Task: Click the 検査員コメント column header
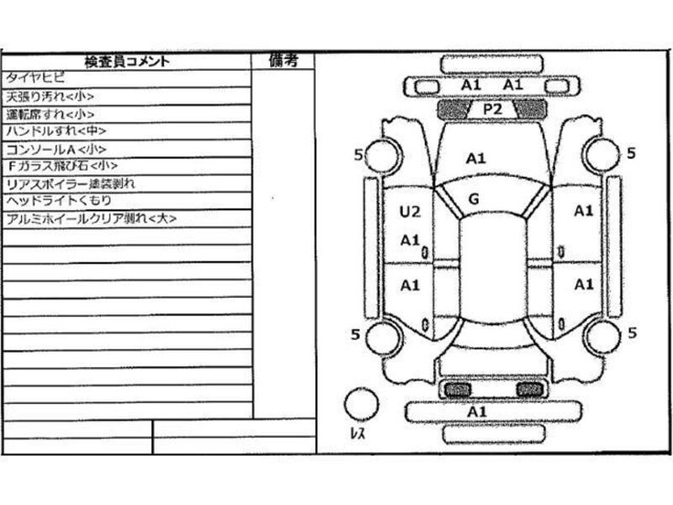click(x=126, y=61)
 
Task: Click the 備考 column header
click(x=283, y=60)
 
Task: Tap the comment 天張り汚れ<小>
click(x=50, y=96)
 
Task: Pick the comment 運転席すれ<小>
click(x=50, y=114)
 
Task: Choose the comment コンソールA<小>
click(x=56, y=149)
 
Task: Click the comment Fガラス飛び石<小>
click(x=62, y=166)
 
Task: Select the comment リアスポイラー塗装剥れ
click(x=72, y=183)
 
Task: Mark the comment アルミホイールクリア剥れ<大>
click(x=91, y=219)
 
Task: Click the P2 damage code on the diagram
click(x=492, y=109)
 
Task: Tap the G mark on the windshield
click(x=474, y=199)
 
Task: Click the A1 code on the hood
click(x=476, y=157)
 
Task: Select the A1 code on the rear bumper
click(x=477, y=412)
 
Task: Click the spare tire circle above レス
click(x=363, y=402)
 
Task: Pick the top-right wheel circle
click(x=601, y=154)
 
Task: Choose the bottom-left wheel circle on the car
click(x=384, y=337)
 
